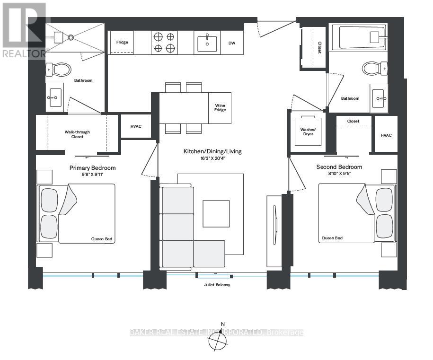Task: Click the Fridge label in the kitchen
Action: [122, 43]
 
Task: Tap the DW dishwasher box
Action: [232, 43]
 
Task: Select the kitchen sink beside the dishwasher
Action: [207, 43]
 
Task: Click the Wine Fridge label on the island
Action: [221, 107]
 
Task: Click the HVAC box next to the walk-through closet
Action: [136, 126]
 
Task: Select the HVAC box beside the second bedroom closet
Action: [386, 135]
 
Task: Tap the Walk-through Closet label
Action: [77, 134]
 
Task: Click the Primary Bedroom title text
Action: [92, 168]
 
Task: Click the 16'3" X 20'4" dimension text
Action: [212, 158]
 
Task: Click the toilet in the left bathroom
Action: [59, 70]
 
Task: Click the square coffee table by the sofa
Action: [216, 213]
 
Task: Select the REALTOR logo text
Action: [24, 53]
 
